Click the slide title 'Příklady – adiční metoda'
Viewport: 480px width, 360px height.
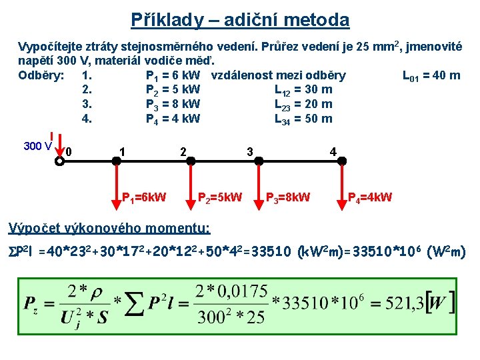click(239, 20)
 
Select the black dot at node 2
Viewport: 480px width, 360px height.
click(191, 161)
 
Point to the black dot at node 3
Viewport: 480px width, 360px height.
click(259, 161)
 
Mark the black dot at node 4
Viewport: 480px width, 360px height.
click(341, 161)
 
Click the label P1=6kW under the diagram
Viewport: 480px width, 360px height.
click(144, 197)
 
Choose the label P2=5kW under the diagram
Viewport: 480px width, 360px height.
click(221, 197)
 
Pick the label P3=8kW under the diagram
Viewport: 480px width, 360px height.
click(288, 197)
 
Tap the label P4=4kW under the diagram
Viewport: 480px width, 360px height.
click(371, 197)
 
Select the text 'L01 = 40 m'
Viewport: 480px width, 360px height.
click(431, 75)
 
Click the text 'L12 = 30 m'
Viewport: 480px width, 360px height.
click(303, 90)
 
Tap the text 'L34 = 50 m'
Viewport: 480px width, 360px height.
click(303, 119)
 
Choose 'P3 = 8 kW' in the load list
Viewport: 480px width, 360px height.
click(173, 105)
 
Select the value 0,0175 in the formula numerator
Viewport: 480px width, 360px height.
click(244, 291)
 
